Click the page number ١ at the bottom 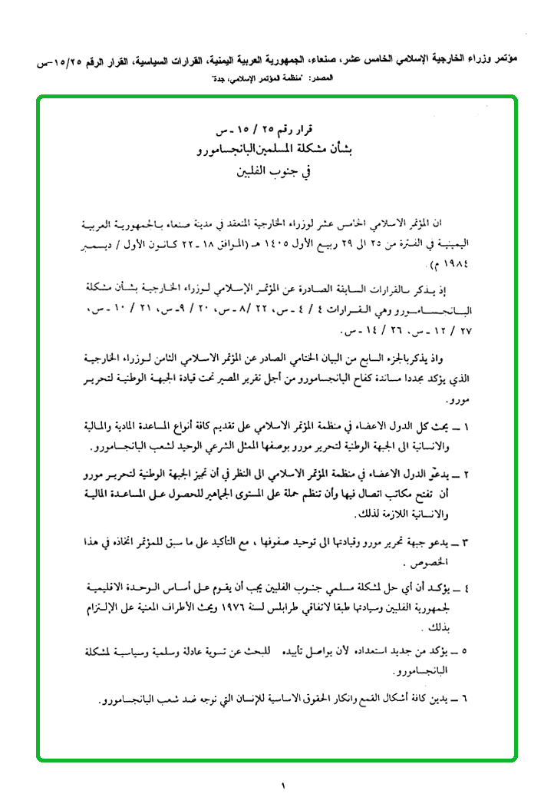[282, 786]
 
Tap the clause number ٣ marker [466, 543]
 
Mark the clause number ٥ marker [466, 651]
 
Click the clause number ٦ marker [466, 700]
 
